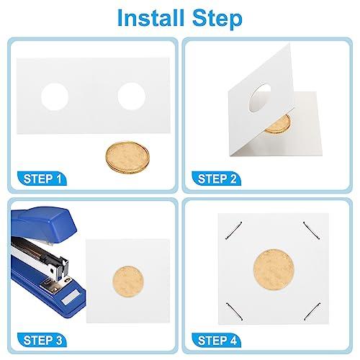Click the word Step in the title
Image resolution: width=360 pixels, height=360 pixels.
pos(217,19)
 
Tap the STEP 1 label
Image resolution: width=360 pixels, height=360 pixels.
pos(42,179)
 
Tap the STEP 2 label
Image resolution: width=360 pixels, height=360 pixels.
pos(217,179)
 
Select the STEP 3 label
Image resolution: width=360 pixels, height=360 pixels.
pos(42,341)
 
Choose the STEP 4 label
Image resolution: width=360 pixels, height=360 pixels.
pos(217,341)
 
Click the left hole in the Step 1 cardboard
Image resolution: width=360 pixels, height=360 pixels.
pos(55,96)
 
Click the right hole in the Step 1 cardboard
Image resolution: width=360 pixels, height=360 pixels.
pos(132,96)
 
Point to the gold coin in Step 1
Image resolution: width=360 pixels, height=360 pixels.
pos(127,157)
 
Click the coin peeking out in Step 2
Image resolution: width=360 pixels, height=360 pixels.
pos(279,125)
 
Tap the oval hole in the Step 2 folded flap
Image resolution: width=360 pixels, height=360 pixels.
pos(260,98)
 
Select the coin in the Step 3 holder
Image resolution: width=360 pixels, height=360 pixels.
pos(128,282)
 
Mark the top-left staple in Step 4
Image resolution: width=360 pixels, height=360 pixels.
pos(234,230)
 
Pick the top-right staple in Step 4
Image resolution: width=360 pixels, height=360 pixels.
pos(311,230)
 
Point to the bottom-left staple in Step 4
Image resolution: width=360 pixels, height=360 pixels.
pos(235,311)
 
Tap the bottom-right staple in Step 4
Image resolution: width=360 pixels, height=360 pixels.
pos(312,311)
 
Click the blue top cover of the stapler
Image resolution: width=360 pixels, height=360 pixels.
pos(43,225)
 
